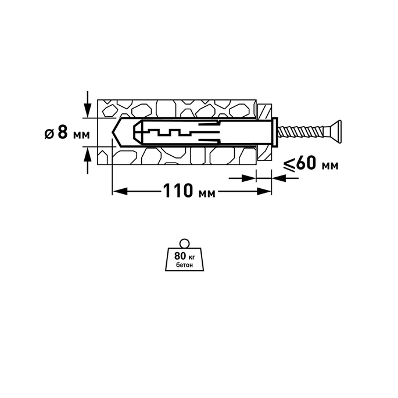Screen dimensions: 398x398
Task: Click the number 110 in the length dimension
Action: [177, 191]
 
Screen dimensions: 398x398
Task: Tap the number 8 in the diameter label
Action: [63, 132]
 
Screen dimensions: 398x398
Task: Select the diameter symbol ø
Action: [49, 134]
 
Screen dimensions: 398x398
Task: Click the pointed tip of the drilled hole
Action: [112, 132]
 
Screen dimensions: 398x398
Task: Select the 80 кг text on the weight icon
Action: [184, 256]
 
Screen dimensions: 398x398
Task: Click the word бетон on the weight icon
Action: [185, 265]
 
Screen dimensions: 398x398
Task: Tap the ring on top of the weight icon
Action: [184, 243]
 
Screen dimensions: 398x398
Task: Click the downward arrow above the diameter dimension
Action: [88, 104]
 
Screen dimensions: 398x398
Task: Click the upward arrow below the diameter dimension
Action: [88, 161]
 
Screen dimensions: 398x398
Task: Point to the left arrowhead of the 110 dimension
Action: [120, 192]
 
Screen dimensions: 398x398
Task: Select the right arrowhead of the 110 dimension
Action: [264, 192]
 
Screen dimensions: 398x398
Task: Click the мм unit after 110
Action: [206, 194]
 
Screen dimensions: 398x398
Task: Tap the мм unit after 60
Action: [330, 166]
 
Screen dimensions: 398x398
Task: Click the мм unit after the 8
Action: [81, 135]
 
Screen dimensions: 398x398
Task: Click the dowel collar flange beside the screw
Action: [275, 132]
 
